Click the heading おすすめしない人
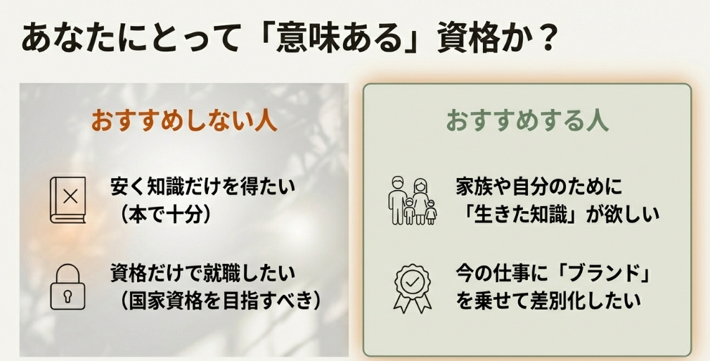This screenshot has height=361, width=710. point(184,120)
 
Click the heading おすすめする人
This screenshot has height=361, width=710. point(527,120)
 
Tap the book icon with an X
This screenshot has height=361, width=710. point(68,200)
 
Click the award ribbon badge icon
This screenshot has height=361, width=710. point(412,286)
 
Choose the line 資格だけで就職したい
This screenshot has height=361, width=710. point(202,272)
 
